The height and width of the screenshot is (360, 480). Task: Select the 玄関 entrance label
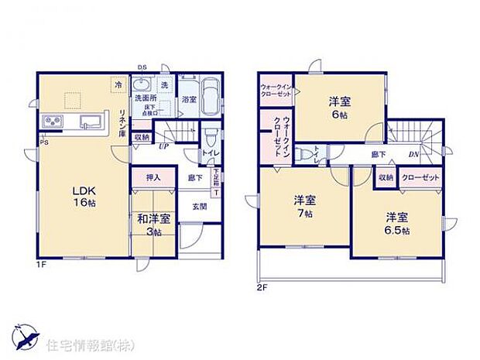point(199,206)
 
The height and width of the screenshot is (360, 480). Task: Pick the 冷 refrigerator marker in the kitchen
point(118,83)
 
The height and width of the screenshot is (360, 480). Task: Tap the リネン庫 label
point(122,122)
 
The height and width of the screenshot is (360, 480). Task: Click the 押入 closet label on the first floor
point(152,178)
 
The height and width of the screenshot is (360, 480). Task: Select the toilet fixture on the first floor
point(211,136)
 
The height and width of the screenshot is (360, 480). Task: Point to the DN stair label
point(415,153)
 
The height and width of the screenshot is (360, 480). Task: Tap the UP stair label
point(163,145)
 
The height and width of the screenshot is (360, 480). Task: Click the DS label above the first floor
point(142,67)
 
